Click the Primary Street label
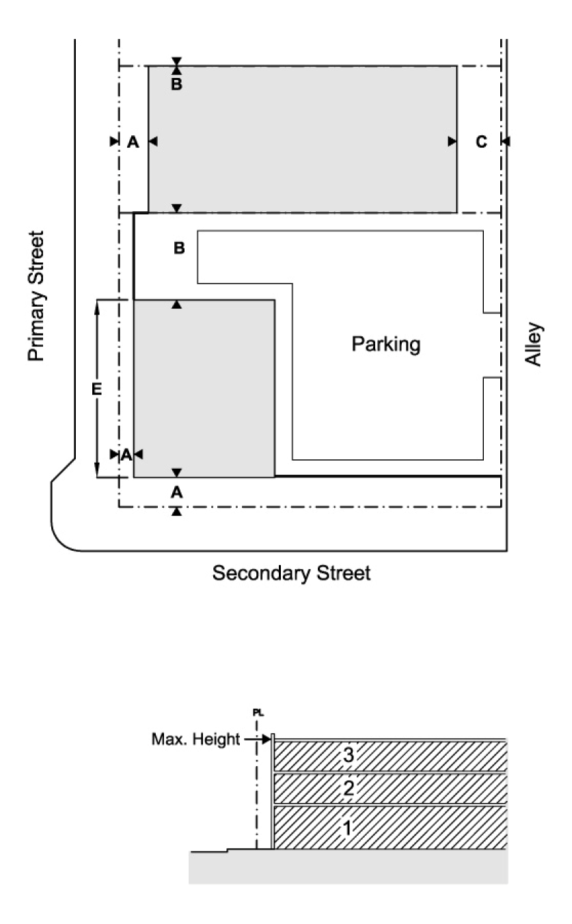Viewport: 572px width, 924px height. (36, 295)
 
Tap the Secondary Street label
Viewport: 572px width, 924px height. (291, 573)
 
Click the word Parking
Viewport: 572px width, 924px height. (386, 344)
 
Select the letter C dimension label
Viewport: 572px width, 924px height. (481, 141)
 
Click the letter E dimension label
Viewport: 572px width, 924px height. (97, 389)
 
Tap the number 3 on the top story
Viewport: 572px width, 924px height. (349, 756)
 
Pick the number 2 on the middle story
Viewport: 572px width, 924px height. (349, 789)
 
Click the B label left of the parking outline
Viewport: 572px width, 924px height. (179, 249)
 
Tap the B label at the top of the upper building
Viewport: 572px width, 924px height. (176, 86)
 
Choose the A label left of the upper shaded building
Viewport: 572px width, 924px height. (133, 141)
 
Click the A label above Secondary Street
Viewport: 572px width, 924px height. (176, 491)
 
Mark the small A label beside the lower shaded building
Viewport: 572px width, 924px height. (126, 454)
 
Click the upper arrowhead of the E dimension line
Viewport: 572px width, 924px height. (97, 304)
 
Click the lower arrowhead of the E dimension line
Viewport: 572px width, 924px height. (97, 472)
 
